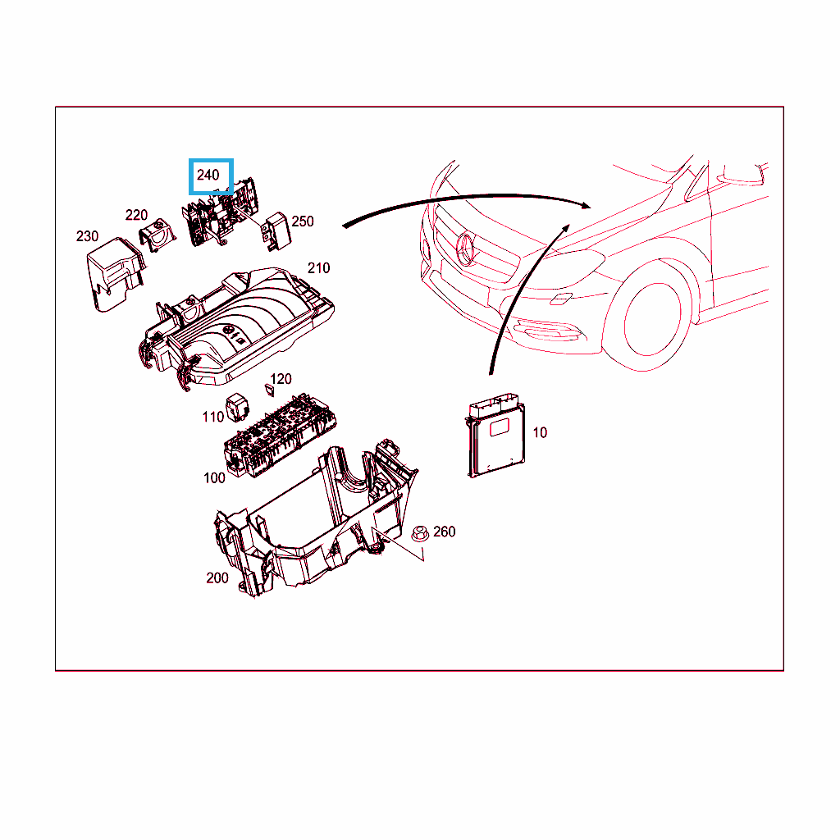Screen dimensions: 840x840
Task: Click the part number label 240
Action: (208, 176)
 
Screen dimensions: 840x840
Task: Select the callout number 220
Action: (136, 216)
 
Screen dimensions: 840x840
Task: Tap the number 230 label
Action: (87, 236)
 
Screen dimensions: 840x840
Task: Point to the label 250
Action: (303, 221)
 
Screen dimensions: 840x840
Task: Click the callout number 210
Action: (319, 268)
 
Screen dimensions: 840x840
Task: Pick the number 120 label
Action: (281, 379)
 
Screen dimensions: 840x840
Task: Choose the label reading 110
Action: (212, 417)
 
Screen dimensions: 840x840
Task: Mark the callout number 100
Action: (214, 478)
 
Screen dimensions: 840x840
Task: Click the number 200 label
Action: (217, 578)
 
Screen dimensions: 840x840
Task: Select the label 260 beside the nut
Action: (444, 532)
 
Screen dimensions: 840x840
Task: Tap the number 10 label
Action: (540, 432)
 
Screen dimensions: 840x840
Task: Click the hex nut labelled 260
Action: (420, 533)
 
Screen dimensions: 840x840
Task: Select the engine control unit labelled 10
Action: (495, 435)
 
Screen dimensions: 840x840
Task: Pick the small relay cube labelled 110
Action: (236, 408)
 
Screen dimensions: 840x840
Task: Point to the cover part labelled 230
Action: (115, 273)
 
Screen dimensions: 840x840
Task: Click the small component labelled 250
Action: (276, 231)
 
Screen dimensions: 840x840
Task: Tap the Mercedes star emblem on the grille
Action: (464, 249)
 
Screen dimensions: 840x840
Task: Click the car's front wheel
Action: (652, 319)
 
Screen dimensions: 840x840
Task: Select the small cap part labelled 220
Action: (157, 235)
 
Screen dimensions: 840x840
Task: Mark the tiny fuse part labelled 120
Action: (270, 390)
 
